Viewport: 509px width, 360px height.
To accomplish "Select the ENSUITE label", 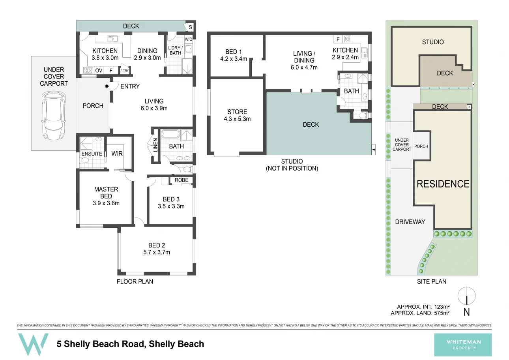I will point(92,154).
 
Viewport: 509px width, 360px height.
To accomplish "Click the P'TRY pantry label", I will point(124,71).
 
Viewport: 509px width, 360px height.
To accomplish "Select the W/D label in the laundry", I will point(188,39).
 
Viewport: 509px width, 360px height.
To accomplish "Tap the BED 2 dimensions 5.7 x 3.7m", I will point(159,252).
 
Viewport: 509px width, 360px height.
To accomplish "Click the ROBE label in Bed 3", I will point(181,180).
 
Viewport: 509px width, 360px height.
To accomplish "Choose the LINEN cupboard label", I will point(155,146).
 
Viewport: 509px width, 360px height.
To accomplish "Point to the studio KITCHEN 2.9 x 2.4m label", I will point(345,53).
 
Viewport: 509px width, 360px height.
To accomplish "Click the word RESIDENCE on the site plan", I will point(443,184).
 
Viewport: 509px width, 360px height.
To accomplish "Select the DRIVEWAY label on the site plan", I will point(410,222).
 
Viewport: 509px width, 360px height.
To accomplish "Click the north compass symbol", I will point(466,296).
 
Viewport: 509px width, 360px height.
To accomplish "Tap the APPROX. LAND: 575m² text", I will point(420,313).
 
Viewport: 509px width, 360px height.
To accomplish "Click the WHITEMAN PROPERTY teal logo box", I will point(463,345).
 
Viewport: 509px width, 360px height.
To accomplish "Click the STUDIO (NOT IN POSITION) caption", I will point(292,165).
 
